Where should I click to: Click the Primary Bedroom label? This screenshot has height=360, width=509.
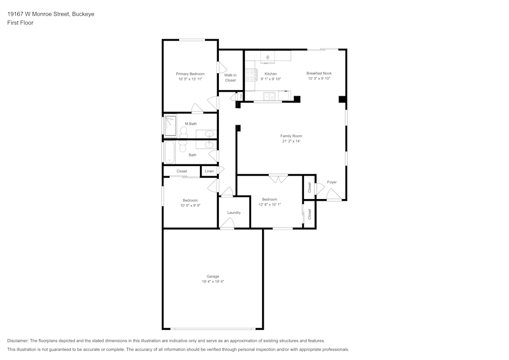click(190, 74)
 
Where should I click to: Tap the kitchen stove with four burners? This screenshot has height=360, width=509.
click(250, 76)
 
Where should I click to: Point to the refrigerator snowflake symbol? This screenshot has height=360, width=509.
click(268, 57)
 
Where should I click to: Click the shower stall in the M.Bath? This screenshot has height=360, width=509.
click(170, 125)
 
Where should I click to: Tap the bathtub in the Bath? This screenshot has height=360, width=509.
click(169, 152)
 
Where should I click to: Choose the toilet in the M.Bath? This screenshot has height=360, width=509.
click(183, 132)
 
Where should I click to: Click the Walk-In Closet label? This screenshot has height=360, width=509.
click(230, 77)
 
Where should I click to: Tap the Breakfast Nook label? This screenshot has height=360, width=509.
click(319, 73)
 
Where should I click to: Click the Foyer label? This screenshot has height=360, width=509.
click(331, 182)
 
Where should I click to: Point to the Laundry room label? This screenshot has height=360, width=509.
click(234, 212)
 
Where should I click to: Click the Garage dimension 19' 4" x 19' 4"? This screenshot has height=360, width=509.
click(213, 281)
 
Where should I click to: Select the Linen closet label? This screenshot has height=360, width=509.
click(209, 171)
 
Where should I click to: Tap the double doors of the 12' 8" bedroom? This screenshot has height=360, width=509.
click(278, 179)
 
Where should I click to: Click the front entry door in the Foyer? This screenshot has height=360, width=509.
click(333, 195)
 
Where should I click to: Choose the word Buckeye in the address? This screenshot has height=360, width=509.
click(82, 14)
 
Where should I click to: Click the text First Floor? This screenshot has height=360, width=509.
click(20, 23)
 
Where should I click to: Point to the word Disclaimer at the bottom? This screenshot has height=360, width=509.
click(18, 341)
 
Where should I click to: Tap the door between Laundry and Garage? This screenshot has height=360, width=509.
click(227, 224)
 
